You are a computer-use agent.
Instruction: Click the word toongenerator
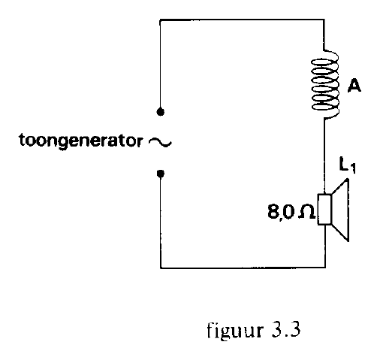81,141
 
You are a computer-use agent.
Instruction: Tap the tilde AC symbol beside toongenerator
160,143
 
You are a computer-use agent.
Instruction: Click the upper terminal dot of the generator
161,112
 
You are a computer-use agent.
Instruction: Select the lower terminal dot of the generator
161,174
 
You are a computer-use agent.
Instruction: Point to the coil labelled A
325,84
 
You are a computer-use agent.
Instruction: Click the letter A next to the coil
354,85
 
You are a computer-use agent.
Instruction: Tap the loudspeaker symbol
333,210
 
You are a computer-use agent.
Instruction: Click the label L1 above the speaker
347,165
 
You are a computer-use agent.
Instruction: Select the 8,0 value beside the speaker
281,212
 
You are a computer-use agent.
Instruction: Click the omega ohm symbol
306,212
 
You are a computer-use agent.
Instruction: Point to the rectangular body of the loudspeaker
324,210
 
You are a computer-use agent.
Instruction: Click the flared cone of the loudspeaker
340,210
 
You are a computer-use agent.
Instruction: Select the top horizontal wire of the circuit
242,20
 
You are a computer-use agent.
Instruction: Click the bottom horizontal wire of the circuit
243,268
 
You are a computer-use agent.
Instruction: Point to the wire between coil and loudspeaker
325,156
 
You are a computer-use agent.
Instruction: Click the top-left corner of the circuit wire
160,20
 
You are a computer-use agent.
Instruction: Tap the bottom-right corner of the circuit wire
325,268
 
